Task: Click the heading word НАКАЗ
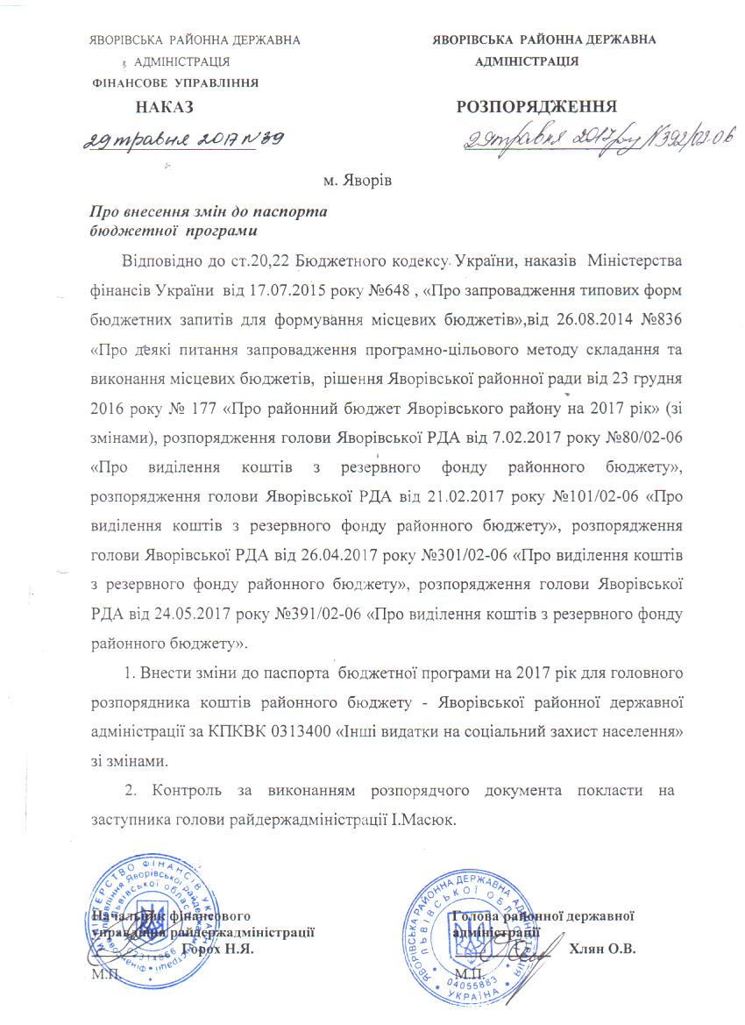tap(164, 110)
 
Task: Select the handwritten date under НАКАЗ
tap(184, 138)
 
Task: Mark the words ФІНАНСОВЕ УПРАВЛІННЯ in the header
tap(175, 83)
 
